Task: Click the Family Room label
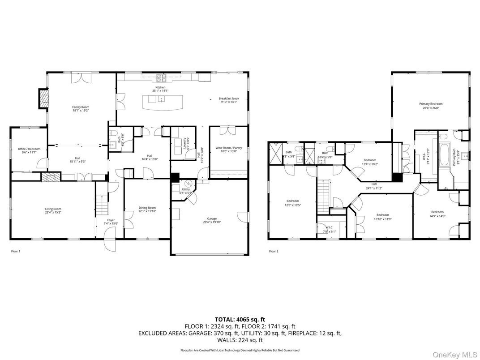81,107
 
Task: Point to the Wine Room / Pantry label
228,148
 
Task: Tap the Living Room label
53,209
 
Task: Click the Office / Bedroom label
29,149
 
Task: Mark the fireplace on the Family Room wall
43,99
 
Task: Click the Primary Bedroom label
431,104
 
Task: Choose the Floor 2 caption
274,251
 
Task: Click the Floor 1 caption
16,251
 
